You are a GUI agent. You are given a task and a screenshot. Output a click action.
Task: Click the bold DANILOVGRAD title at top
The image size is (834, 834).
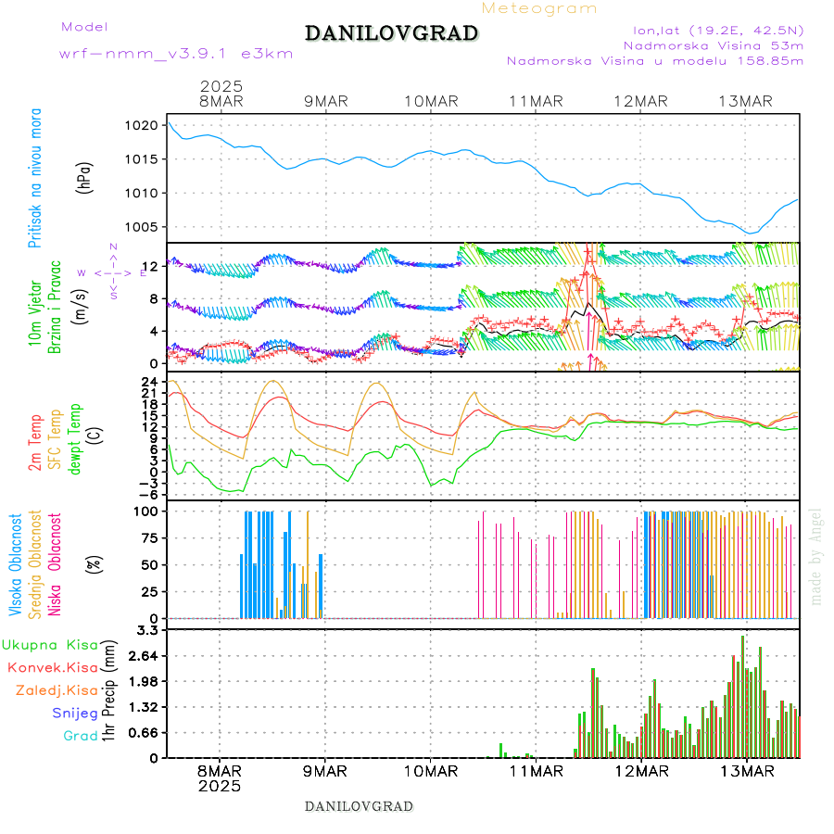pyautogui.click(x=391, y=34)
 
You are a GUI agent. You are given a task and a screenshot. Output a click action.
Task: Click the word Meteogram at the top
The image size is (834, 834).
pyautogui.click(x=539, y=8)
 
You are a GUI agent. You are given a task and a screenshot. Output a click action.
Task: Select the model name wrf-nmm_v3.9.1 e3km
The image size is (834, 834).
pyautogui.click(x=176, y=54)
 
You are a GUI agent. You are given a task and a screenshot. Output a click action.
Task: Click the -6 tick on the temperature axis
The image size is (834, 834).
pyautogui.click(x=149, y=494)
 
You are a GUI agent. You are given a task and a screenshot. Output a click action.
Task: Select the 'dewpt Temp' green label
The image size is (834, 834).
pyautogui.click(x=75, y=436)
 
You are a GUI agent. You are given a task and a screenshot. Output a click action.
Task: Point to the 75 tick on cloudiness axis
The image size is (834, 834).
pyautogui.click(x=151, y=537)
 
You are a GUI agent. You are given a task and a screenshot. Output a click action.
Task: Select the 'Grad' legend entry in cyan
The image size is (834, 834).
pyautogui.click(x=80, y=737)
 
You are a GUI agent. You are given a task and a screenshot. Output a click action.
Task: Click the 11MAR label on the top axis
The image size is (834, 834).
pyautogui.click(x=537, y=101)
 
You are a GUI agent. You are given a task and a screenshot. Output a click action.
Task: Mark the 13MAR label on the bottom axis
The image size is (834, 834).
pyautogui.click(x=747, y=771)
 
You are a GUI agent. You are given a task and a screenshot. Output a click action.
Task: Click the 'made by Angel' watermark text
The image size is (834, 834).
pyautogui.click(x=815, y=556)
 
